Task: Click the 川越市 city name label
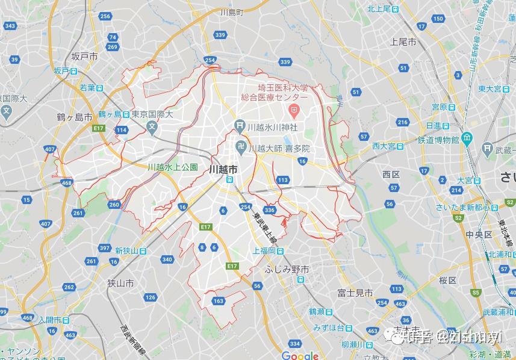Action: (222, 170)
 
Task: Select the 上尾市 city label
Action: (403, 42)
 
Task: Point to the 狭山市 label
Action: (121, 283)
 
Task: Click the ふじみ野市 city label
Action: (287, 270)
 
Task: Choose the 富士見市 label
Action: (355, 293)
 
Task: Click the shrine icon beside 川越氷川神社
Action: (240, 126)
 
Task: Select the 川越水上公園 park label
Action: (173, 167)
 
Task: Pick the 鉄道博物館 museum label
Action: (438, 140)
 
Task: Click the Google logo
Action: (299, 356)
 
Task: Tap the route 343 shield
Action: (10, 26)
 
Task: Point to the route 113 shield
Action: (283, 180)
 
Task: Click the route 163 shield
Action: (218, 301)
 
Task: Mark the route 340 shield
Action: (167, 259)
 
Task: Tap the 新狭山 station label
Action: (128, 251)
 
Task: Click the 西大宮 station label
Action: (383, 146)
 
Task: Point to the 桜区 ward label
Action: (447, 280)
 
